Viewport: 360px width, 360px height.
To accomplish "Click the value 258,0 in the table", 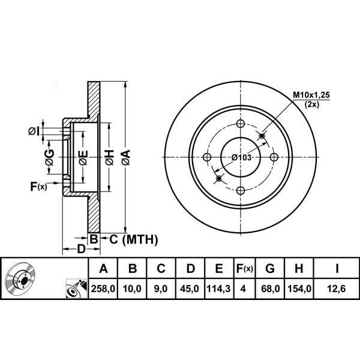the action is click(x=103, y=289).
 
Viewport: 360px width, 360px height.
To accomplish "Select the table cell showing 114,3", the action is click(x=218, y=289).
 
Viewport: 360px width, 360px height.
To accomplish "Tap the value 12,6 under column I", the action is click(x=337, y=289).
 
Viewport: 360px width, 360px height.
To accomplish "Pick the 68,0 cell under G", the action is click(x=270, y=289).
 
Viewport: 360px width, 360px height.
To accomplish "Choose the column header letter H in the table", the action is click(x=299, y=268).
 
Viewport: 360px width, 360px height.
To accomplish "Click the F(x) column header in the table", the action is click(x=245, y=268).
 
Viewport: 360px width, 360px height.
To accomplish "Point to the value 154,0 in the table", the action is click(x=299, y=289).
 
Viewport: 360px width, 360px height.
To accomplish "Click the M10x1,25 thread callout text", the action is click(x=311, y=95).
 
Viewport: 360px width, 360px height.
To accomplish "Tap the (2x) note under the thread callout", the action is click(x=312, y=104).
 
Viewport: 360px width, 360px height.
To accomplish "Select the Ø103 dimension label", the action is click(x=241, y=158).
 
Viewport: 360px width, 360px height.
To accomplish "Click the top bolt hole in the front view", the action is click(x=241, y=124).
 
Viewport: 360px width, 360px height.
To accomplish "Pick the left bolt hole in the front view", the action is click(x=207, y=157).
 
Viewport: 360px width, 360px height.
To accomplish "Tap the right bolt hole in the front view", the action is click(x=274, y=157).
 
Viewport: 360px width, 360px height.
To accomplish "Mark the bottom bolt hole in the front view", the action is click(x=241, y=190).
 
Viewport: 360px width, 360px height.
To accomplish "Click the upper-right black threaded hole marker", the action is click(x=262, y=136).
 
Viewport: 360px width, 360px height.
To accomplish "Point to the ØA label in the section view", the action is click(x=126, y=157).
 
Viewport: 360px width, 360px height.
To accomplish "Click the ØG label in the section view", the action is click(x=50, y=157).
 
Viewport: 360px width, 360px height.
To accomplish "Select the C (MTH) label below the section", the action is click(x=134, y=239).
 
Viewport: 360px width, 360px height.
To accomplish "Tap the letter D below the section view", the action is click(x=81, y=249).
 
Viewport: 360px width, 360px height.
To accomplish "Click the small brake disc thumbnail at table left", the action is click(x=20, y=277).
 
